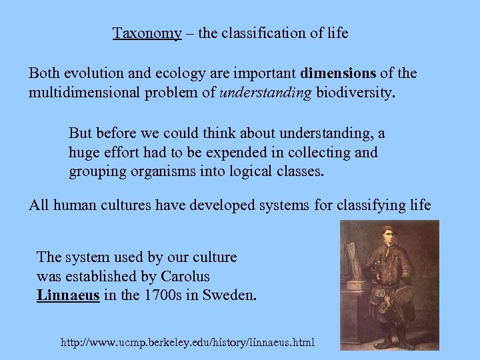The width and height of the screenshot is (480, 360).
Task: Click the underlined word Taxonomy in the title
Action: tap(147, 33)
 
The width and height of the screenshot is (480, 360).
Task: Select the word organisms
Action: tap(158, 171)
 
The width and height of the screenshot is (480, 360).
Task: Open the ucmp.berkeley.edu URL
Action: tap(187, 343)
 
